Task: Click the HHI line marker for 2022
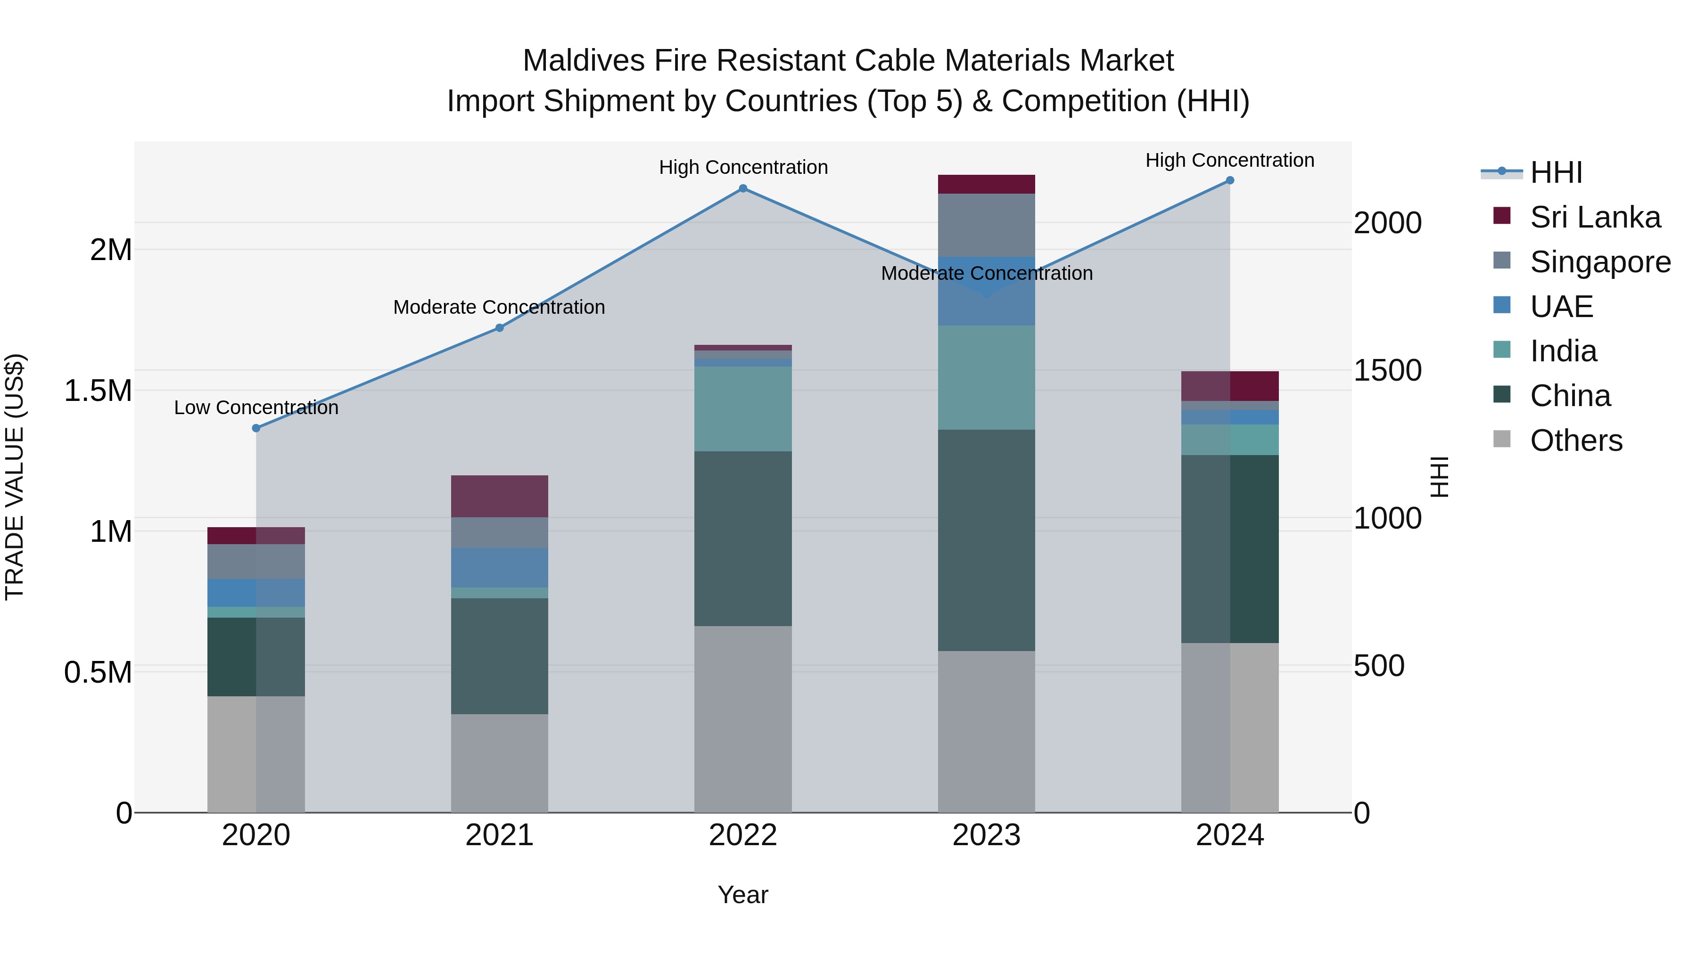742,188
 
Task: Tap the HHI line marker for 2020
256,428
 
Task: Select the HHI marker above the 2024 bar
1229,180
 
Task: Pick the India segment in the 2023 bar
986,377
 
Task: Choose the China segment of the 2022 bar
742,538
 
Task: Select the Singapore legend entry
1599,262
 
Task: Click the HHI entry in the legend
1556,172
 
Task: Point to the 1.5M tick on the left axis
98,391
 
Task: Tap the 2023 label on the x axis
986,835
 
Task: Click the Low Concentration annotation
256,408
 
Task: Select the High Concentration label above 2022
743,167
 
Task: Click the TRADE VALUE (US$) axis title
15,477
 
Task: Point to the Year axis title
742,895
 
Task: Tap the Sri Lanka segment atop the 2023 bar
986,184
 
